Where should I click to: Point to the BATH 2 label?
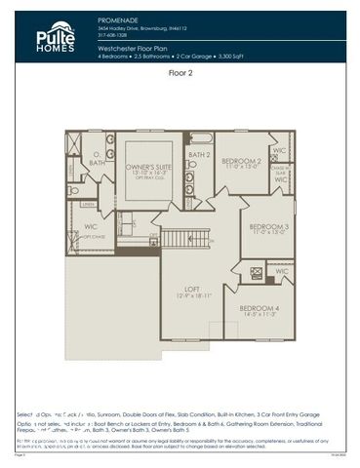tap(199, 155)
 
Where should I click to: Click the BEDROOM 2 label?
tap(241, 161)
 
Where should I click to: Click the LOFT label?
tap(192, 289)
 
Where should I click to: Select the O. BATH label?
tap(96, 159)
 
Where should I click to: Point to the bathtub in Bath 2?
tap(201, 138)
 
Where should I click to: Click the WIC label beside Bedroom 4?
tap(281, 271)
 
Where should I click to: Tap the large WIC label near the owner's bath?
tap(81, 228)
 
